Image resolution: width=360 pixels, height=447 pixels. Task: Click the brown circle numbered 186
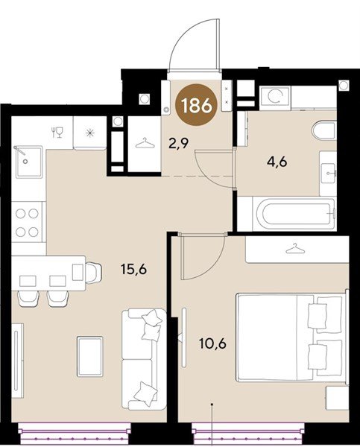tap(196, 105)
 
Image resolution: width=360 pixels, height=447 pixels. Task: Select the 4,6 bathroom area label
tap(277, 162)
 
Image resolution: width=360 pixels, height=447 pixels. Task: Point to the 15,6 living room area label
tap(133, 269)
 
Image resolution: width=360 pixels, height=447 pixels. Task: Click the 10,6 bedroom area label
tap(212, 343)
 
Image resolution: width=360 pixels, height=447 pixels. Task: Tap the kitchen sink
tap(29, 162)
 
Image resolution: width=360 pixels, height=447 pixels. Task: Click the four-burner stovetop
tap(28, 222)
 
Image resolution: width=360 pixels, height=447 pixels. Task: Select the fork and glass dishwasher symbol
tap(57, 133)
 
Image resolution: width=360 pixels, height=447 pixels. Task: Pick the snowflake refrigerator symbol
tap(90, 133)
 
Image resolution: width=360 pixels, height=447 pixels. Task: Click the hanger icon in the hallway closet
tap(145, 143)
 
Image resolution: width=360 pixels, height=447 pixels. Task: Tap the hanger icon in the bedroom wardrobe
tap(295, 249)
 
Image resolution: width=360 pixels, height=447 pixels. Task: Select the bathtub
tap(294, 213)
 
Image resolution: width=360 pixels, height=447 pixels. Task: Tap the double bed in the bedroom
tap(291, 337)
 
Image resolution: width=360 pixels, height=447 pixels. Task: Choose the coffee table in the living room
tap(89, 356)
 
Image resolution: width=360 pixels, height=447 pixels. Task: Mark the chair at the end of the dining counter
tap(94, 273)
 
